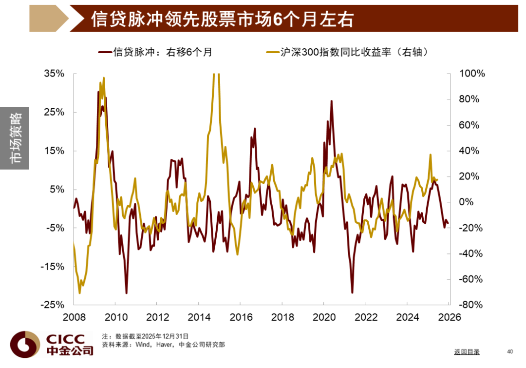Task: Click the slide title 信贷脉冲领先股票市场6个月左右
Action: pos(222,19)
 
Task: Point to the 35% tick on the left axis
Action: pos(54,74)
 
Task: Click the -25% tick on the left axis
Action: pos(53,305)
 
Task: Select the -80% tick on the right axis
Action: pos(470,305)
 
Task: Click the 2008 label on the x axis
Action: pos(74,317)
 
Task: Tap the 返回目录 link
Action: pos(467,351)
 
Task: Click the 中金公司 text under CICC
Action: pos(69,350)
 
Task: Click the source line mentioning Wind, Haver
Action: pos(163,345)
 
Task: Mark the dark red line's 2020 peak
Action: pos(331,101)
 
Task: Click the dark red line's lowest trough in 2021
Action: pos(352,292)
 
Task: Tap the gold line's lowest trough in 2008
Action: pos(79,292)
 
